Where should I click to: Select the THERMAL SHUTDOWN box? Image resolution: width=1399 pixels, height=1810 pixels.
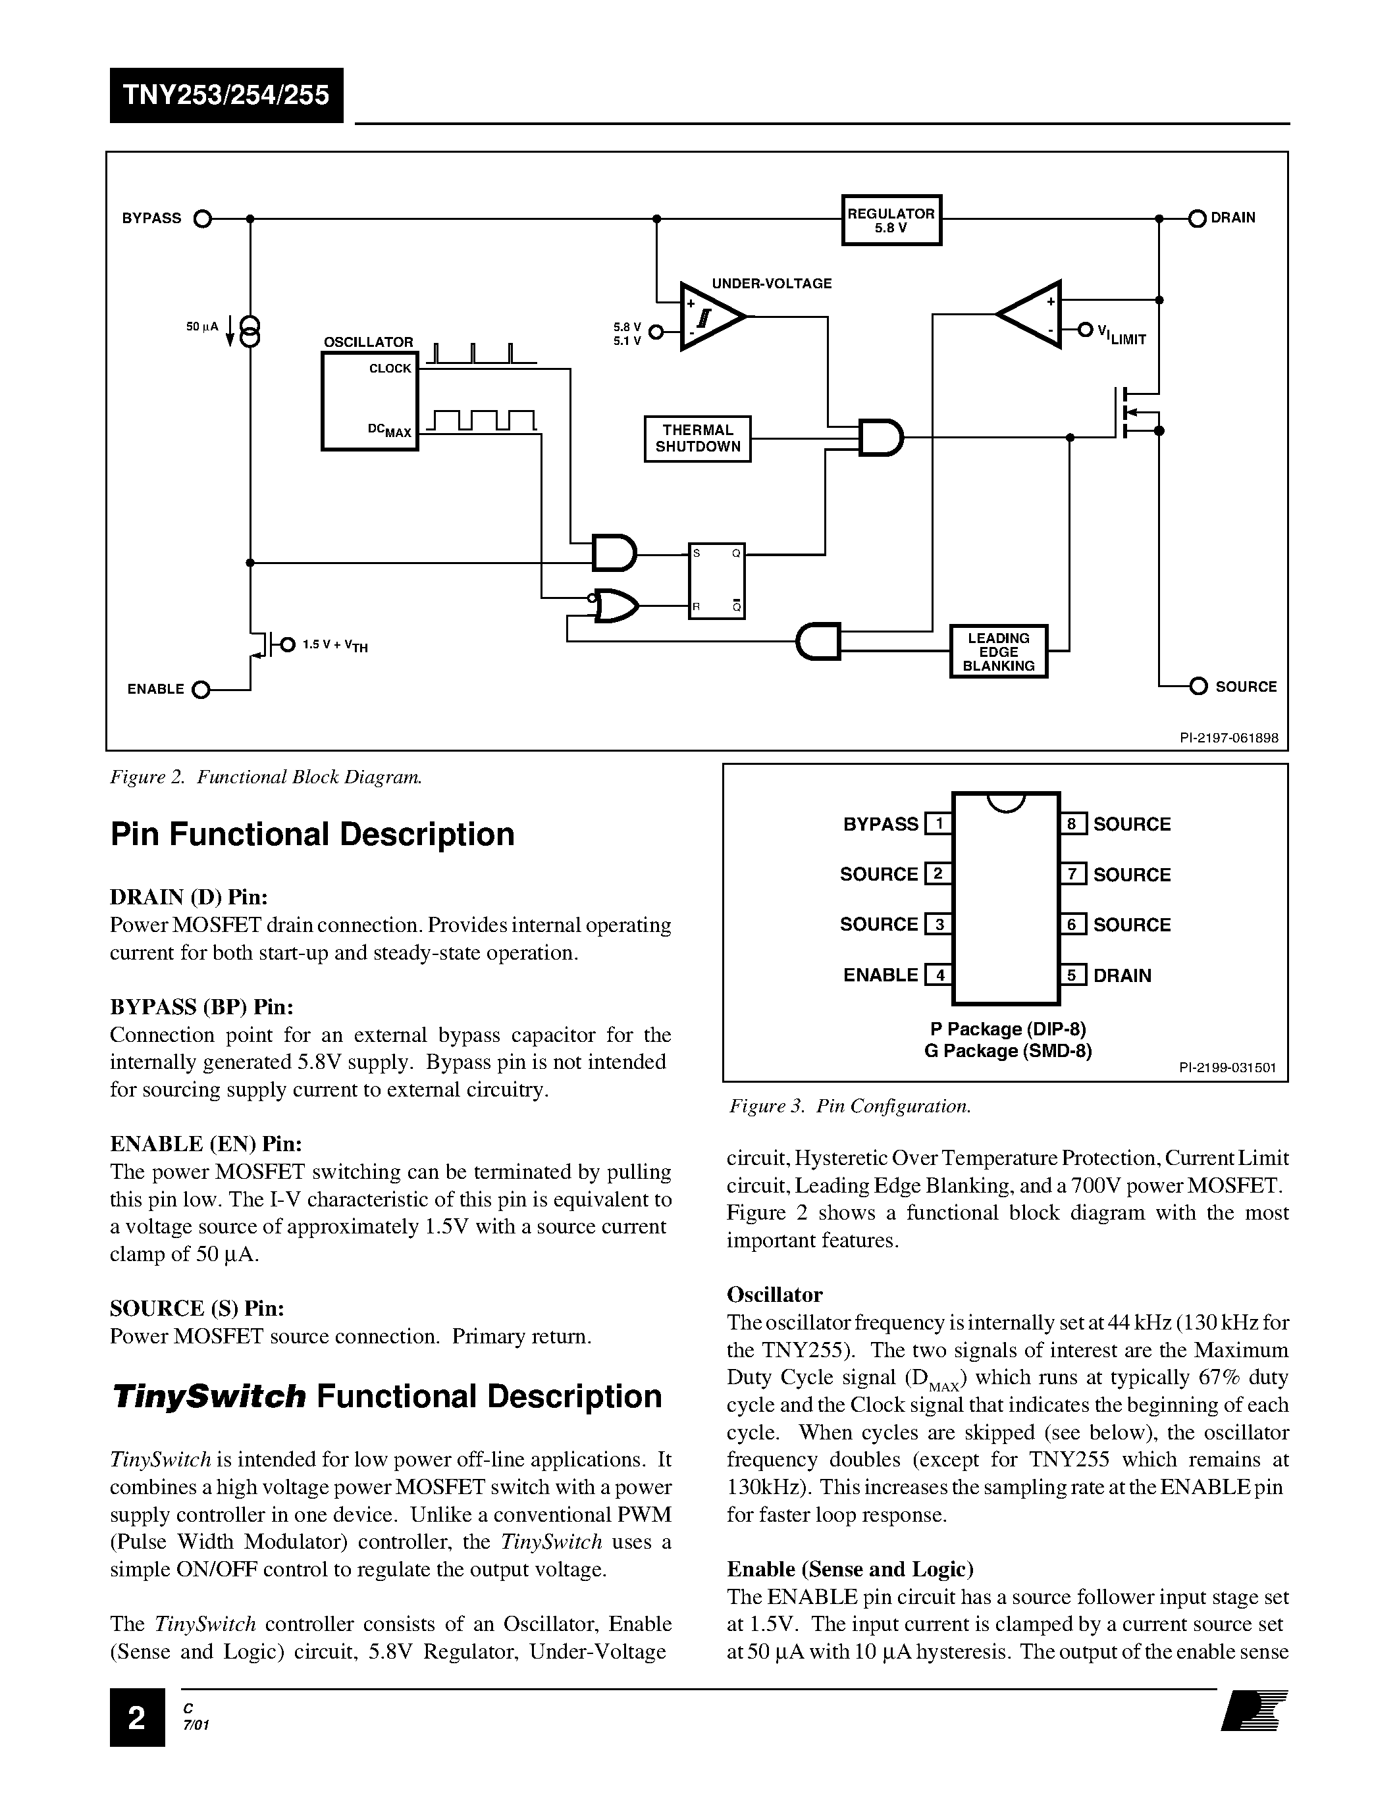[x=697, y=438]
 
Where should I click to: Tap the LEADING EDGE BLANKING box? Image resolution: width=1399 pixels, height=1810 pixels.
[x=998, y=652]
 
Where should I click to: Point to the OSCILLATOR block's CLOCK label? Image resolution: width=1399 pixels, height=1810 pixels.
[x=390, y=369]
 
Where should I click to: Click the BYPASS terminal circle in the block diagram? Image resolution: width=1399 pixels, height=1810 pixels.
[x=201, y=219]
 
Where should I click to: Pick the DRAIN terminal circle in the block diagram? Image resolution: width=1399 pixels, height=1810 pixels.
[x=1197, y=218]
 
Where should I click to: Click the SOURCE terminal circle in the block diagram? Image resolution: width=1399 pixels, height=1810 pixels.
[x=1198, y=686]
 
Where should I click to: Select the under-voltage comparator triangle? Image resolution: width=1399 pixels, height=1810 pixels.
[x=708, y=317]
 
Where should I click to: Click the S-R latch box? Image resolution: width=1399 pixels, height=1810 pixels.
[x=716, y=580]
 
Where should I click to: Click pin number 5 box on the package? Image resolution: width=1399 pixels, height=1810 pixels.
[x=1072, y=975]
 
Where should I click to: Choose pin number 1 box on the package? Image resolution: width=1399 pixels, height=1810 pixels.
[x=938, y=824]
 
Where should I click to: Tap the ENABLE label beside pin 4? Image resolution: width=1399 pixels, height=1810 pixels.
[x=880, y=975]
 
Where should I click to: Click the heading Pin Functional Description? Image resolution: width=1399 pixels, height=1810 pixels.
[x=313, y=835]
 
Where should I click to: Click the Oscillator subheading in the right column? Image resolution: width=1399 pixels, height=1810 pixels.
[x=774, y=1295]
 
